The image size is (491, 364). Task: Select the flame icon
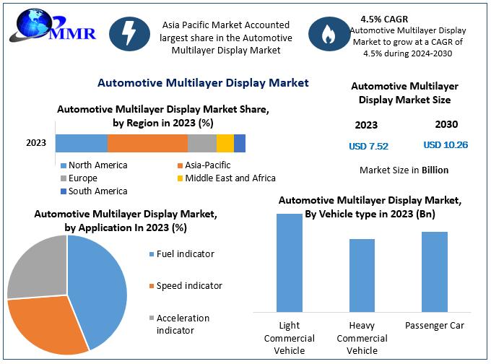(x=326, y=33)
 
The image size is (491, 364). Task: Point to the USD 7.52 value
(x=368, y=146)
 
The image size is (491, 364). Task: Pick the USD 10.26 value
(x=446, y=145)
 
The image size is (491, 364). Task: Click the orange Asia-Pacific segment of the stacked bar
(x=147, y=143)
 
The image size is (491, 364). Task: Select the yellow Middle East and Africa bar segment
(x=225, y=143)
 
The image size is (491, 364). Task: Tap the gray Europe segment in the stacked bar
(x=202, y=143)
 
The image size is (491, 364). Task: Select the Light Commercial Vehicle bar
(x=290, y=262)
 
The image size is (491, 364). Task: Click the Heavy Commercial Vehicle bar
(x=362, y=274)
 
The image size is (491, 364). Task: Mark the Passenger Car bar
(x=435, y=271)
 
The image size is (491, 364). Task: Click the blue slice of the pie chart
(x=101, y=282)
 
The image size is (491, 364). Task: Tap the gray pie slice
(x=36, y=264)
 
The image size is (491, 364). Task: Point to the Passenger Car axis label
(x=435, y=326)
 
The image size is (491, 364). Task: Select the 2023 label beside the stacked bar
(x=36, y=143)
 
